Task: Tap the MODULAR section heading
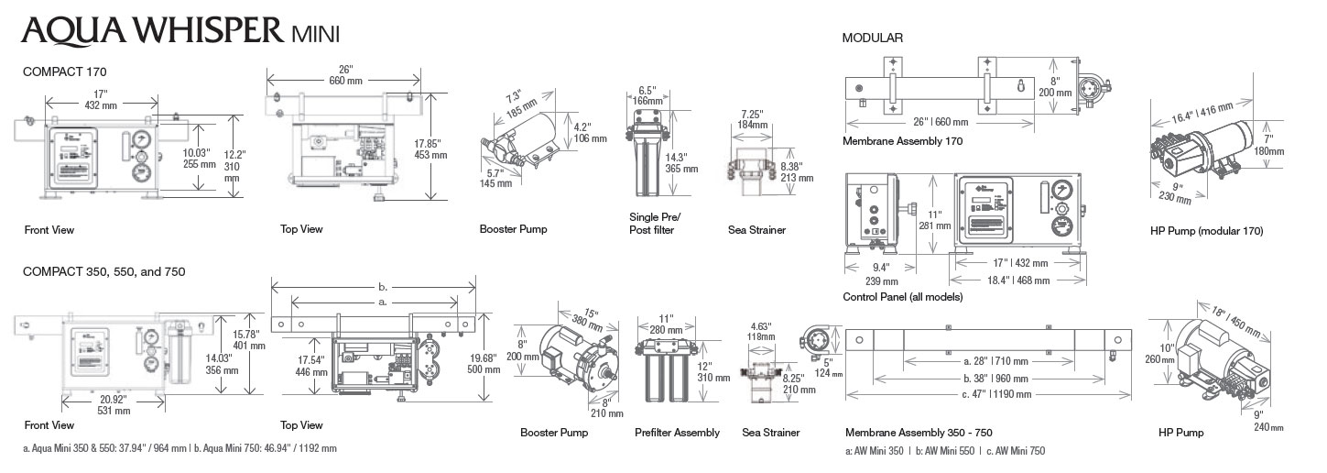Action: [872, 38]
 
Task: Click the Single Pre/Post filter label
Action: [652, 224]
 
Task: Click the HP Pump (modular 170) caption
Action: [1206, 232]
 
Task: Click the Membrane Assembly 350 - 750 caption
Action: [919, 433]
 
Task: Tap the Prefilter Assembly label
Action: [677, 433]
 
